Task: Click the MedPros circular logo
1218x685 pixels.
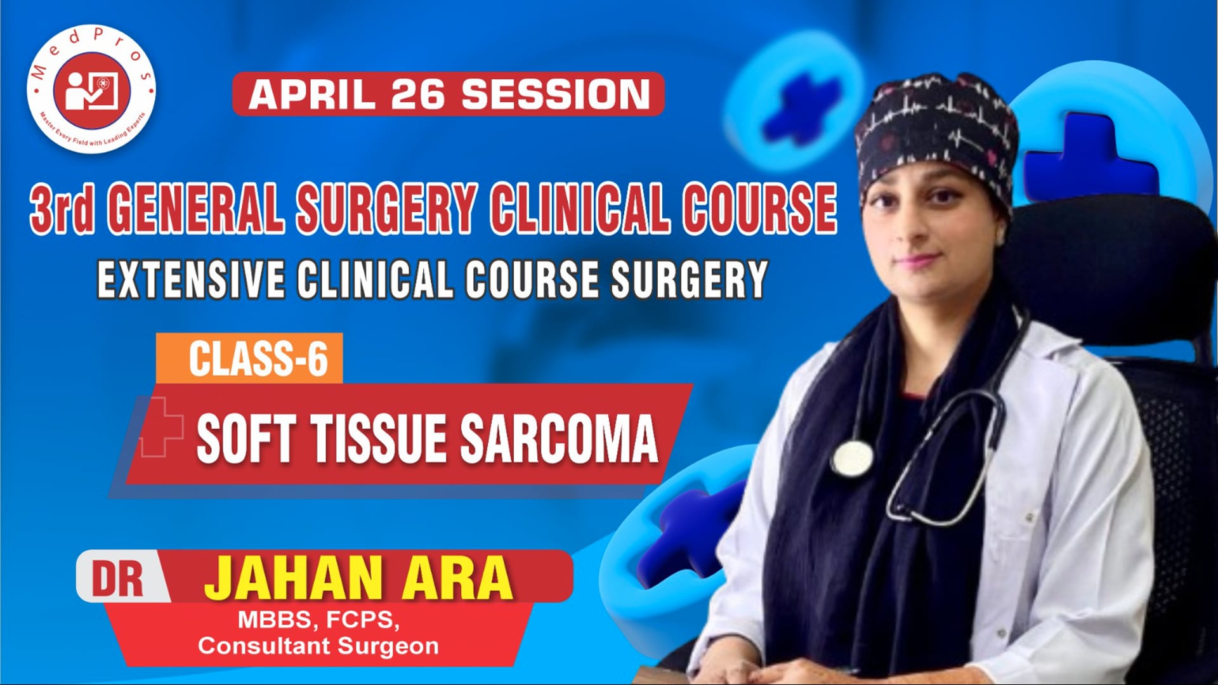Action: tap(91, 89)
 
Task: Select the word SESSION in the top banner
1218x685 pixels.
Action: tap(555, 95)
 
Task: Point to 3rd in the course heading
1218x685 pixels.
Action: tap(62, 208)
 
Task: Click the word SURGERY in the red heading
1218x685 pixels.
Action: tap(386, 208)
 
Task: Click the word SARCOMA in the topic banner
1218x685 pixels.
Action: tap(558, 439)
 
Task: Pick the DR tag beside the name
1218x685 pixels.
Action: tap(118, 578)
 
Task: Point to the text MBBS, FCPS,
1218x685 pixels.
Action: tap(318, 620)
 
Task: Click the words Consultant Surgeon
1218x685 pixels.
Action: tap(318, 646)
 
